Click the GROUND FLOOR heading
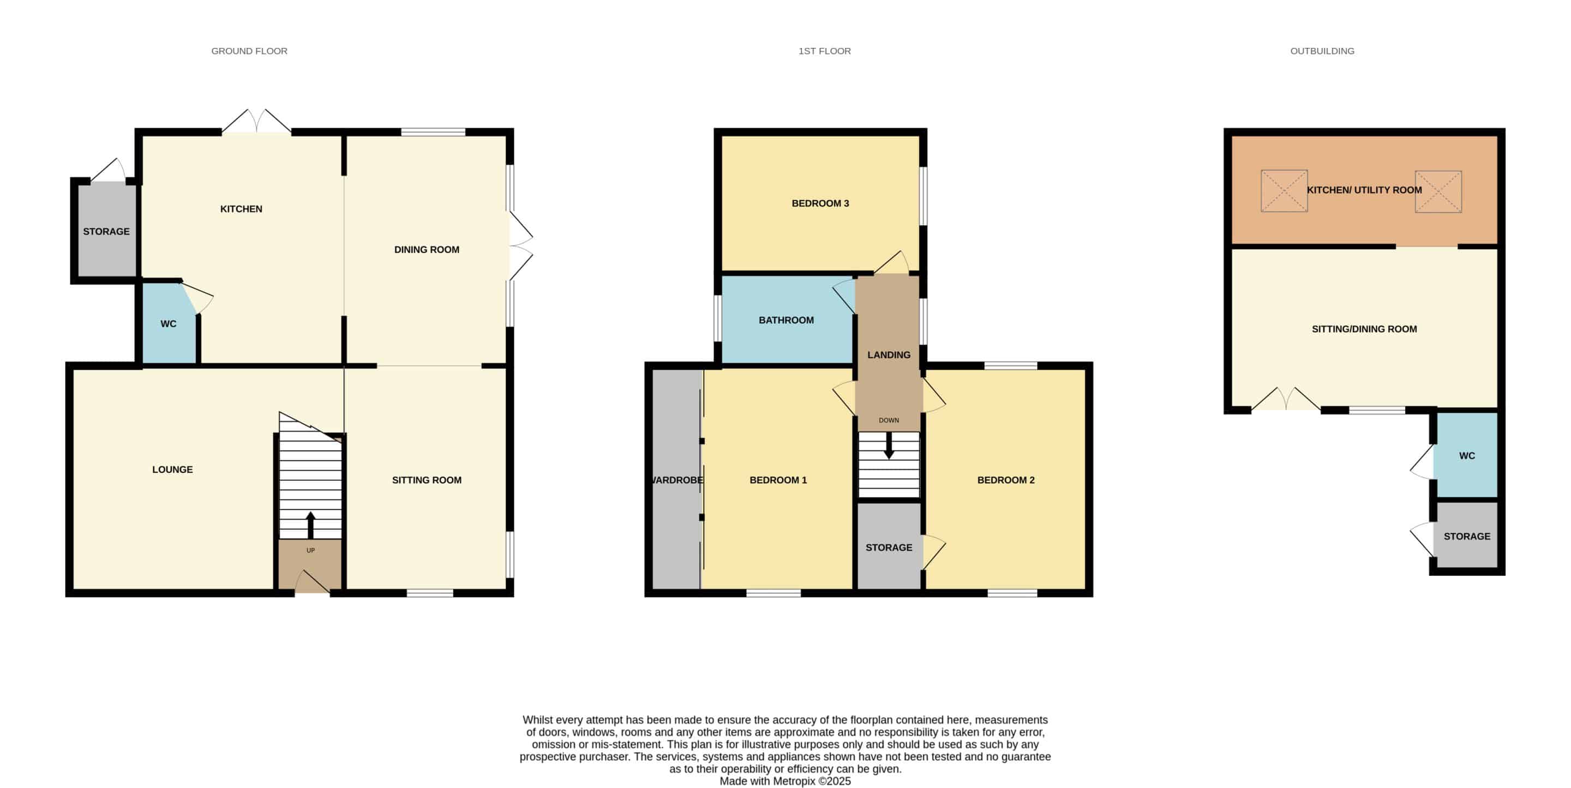[249, 51]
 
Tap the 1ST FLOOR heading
[825, 51]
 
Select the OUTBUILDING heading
[1322, 51]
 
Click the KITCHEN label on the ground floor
[241, 209]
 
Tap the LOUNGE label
[172, 470]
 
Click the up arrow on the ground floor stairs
[310, 525]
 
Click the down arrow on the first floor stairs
[889, 445]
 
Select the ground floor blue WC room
[169, 323]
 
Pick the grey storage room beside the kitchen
[107, 231]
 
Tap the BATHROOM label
[786, 320]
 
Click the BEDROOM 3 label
[820, 203]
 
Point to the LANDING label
[889, 355]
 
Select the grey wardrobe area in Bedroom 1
[676, 479]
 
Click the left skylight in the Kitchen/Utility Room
[1284, 191]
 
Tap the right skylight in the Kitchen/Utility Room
[1438, 191]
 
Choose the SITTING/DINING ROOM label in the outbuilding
[1364, 329]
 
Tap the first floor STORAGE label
[889, 548]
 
